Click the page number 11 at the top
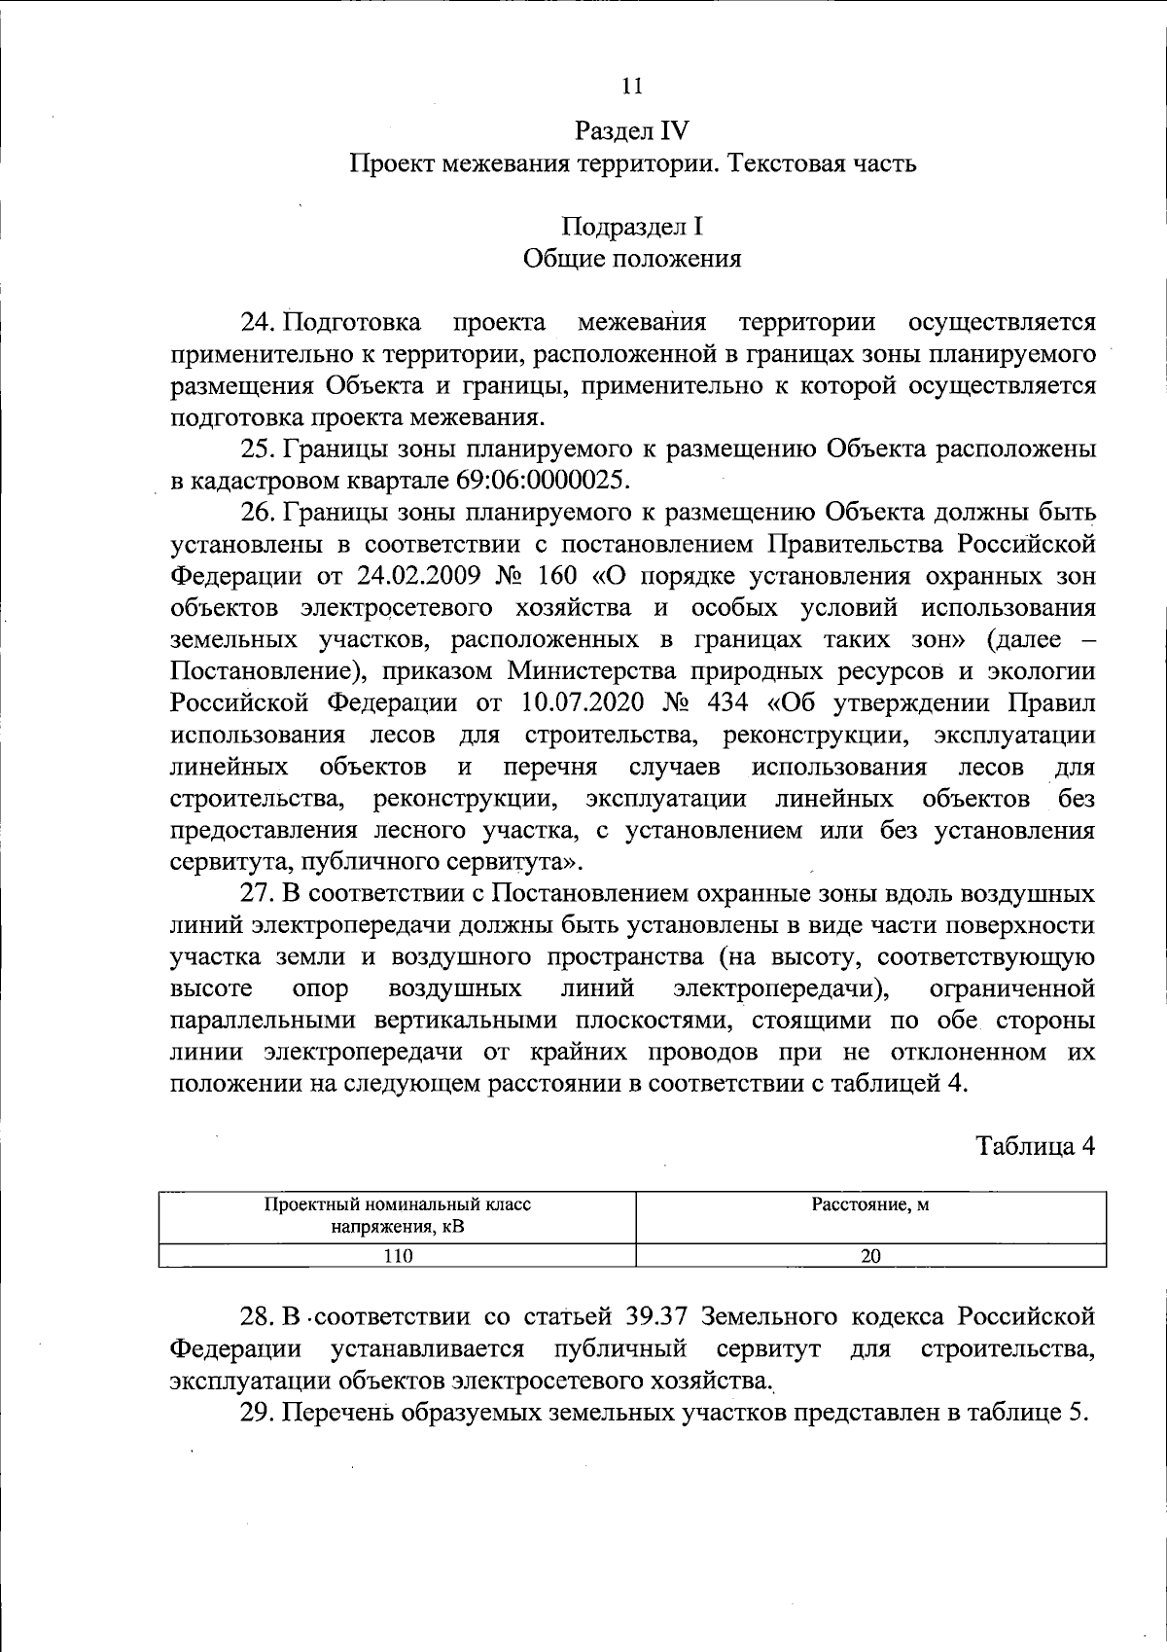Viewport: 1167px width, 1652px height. [631, 86]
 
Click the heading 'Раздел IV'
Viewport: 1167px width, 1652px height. [632, 130]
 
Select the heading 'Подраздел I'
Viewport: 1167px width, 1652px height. [632, 227]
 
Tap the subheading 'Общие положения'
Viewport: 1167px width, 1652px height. [632, 259]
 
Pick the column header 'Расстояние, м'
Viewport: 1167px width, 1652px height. [870, 1206]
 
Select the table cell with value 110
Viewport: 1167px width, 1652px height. [397, 1256]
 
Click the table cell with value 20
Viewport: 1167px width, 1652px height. [870, 1256]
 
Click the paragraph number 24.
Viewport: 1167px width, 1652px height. [259, 322]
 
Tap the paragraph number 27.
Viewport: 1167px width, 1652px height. [259, 894]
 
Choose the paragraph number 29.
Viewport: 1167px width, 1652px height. [259, 1414]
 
